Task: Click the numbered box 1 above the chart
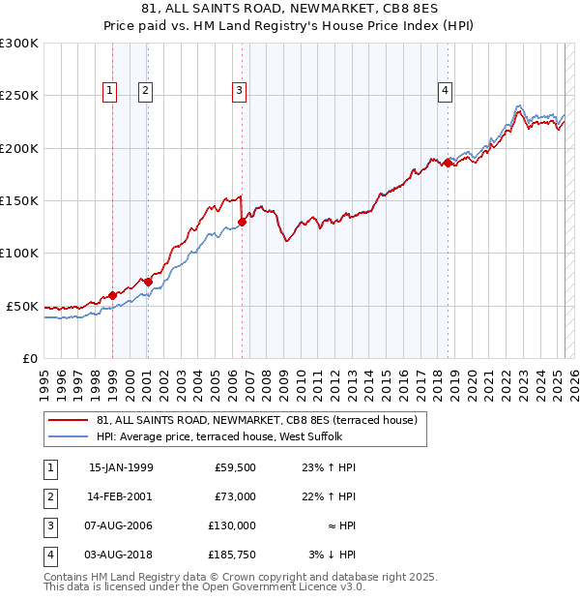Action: point(109,91)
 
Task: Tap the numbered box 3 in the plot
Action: point(238,91)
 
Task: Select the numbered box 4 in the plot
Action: point(445,91)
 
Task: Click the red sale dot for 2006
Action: point(242,222)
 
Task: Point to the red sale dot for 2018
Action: point(448,164)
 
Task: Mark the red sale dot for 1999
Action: point(113,295)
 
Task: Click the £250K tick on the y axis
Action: point(19,96)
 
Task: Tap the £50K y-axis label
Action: point(22,306)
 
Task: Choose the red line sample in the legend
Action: point(69,420)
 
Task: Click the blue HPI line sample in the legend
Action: point(69,436)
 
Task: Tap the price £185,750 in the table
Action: point(230,555)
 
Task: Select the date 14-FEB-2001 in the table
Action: point(121,496)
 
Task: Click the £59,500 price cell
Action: point(234,467)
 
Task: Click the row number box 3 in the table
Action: point(49,525)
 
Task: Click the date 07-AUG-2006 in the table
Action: point(121,525)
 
